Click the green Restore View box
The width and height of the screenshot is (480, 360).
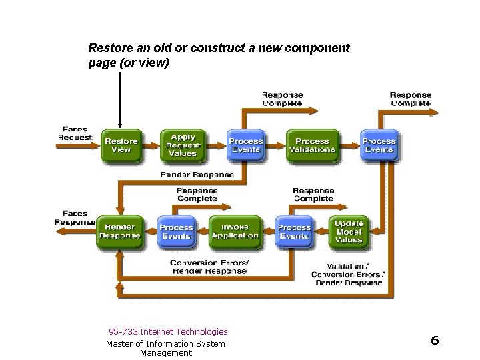tap(121, 145)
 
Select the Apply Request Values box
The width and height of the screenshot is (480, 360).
tap(183, 145)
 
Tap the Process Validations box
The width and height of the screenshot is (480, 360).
tap(311, 145)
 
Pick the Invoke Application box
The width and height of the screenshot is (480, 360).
tap(235, 231)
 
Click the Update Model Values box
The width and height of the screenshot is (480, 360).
tap(349, 231)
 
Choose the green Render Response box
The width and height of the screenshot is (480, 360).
tap(120, 231)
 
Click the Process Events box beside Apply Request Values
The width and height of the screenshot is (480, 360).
tap(246, 145)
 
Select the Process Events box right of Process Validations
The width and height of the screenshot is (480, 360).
tap(378, 145)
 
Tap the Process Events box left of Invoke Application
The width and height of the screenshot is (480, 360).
tap(176, 231)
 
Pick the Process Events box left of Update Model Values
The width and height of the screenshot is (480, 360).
tap(294, 231)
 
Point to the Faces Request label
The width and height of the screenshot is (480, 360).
tap(75, 133)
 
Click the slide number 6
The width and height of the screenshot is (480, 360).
tap(435, 341)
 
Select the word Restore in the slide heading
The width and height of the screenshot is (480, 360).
tap(109, 49)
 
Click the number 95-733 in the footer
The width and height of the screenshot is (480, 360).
tap(125, 331)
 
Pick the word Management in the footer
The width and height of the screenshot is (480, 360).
tap(165, 353)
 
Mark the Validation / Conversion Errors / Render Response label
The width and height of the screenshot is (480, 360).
tap(347, 274)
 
